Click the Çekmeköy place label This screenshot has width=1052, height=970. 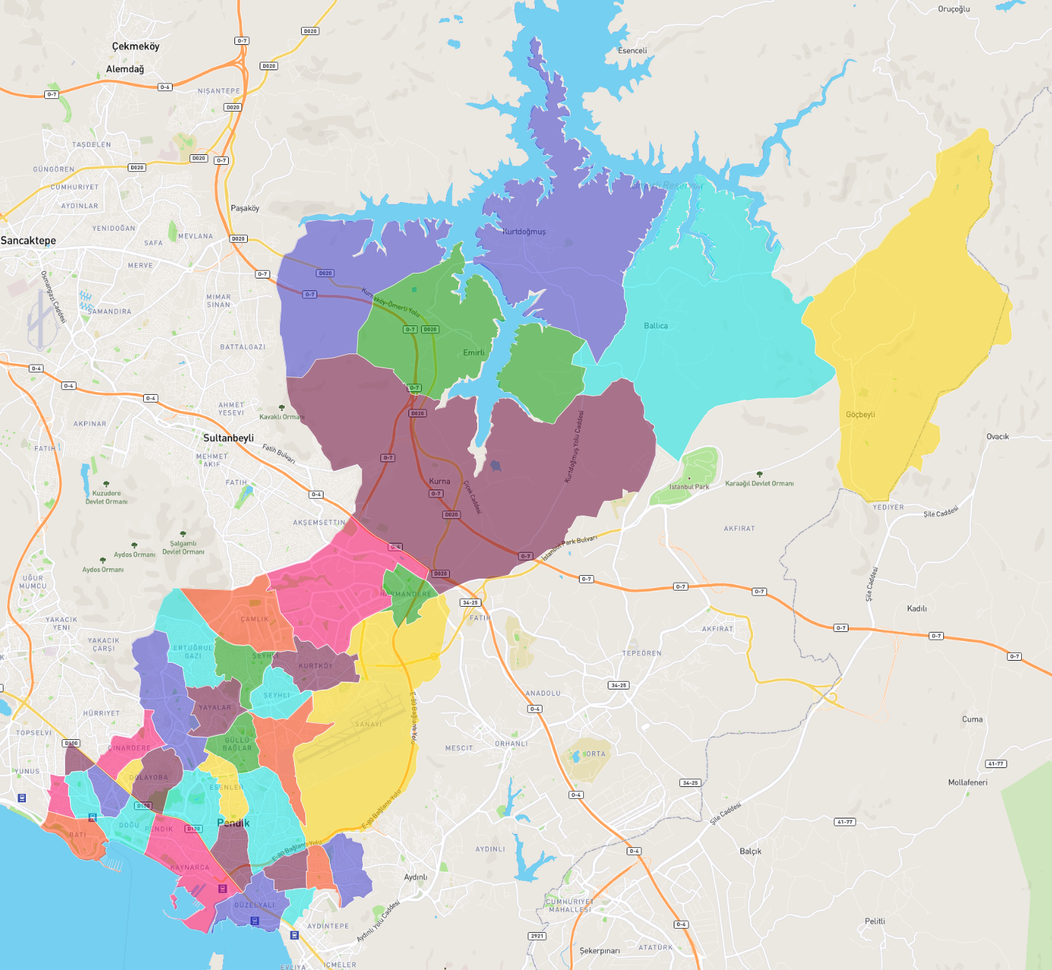point(135,46)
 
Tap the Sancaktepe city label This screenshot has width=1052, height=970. point(28,241)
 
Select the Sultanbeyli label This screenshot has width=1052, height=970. point(228,438)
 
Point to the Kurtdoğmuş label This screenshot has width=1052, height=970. point(524,231)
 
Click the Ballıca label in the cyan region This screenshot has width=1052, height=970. point(655,325)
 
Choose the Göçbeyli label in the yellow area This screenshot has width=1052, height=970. point(860,415)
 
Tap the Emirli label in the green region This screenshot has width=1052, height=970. point(474,353)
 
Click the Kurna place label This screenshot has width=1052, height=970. point(439,481)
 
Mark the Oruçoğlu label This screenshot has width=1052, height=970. point(954,9)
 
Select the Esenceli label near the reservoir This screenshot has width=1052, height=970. point(632,50)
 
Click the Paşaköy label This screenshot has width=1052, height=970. point(245,208)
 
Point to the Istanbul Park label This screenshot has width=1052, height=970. point(688,487)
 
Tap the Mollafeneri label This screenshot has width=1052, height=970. point(967,782)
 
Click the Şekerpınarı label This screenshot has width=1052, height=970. point(599,951)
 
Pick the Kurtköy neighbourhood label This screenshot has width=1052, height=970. point(316,666)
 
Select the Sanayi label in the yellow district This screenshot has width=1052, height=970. point(368,725)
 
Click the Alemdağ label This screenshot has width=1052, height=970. point(125,69)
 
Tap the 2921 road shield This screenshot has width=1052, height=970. point(537,936)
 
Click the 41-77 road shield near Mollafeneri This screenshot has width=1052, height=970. point(995,764)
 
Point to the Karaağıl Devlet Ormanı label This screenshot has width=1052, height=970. point(759,483)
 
